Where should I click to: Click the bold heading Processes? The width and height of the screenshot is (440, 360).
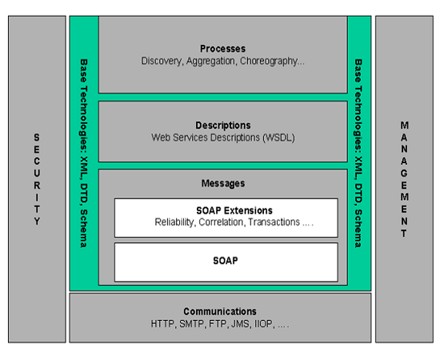pos(223,49)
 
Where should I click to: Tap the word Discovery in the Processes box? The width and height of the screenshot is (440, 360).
pos(162,61)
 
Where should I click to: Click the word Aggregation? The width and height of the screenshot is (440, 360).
pos(211,61)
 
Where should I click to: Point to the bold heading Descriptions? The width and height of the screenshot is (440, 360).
pos(223,126)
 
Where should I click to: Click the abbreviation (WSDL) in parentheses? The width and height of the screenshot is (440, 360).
pos(278,138)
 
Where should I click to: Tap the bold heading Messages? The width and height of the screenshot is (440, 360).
pos(223,183)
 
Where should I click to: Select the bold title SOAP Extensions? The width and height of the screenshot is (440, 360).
pos(234,210)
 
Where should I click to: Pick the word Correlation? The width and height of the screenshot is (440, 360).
pos(222,222)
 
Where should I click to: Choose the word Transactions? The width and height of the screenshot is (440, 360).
pos(274,222)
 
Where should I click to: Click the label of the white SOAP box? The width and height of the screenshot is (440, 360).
pos(226,261)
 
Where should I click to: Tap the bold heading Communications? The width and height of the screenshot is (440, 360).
pos(220,311)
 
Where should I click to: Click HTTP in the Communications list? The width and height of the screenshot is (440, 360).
pos(163,324)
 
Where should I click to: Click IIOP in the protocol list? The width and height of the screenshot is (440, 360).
pos(264,324)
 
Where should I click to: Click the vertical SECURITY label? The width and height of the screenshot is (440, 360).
pos(37,179)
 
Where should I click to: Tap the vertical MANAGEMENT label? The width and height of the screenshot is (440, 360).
pos(404,179)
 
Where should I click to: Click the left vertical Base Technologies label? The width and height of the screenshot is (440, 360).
pos(84,154)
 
